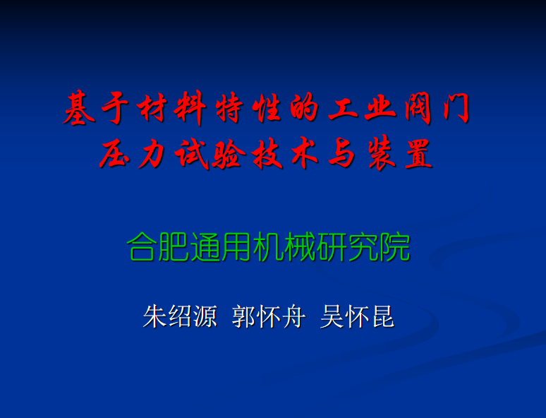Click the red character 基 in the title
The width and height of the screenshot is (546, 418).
coord(79,107)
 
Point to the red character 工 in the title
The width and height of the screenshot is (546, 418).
coord(343,109)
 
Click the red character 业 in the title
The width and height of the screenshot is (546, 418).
coord(380,108)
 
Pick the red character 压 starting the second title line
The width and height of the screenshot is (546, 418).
coord(114,153)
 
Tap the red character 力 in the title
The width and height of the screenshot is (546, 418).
coord(152,153)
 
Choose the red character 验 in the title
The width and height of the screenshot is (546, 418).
coord(229,153)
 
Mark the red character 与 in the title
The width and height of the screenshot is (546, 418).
coord(341,153)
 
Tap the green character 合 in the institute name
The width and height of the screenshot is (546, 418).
coord(141,247)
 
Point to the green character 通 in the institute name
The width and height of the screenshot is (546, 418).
coord(205,247)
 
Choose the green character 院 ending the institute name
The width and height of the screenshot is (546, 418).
coord(395,247)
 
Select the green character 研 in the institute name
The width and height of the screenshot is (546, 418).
coord(332,247)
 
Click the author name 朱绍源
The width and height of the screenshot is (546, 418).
coord(180,316)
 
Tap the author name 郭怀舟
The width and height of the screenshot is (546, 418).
coord(269,316)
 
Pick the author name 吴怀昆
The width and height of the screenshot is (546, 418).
coord(358,316)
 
